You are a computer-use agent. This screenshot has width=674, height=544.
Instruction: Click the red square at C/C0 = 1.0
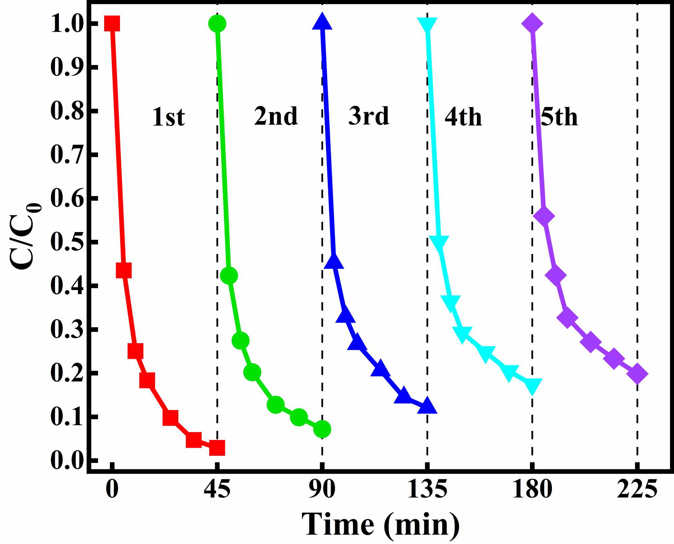click(112, 23)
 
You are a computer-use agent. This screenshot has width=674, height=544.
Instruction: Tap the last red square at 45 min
click(217, 448)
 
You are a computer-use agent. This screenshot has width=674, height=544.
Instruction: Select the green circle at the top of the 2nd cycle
click(217, 24)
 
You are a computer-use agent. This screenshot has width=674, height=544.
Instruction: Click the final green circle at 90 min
click(322, 429)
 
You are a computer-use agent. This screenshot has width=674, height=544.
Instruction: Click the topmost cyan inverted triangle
click(427, 25)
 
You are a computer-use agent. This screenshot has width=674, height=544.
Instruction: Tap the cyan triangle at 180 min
click(532, 385)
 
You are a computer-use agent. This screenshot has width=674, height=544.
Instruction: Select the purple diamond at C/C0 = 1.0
click(532, 24)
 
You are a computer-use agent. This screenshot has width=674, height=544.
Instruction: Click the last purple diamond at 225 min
click(637, 374)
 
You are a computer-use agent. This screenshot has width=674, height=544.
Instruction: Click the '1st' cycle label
click(168, 117)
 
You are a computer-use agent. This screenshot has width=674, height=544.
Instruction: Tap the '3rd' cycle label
click(369, 116)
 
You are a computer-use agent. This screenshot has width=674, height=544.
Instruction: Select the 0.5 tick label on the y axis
click(67, 242)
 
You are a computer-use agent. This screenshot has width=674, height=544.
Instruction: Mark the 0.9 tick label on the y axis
click(67, 67)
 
